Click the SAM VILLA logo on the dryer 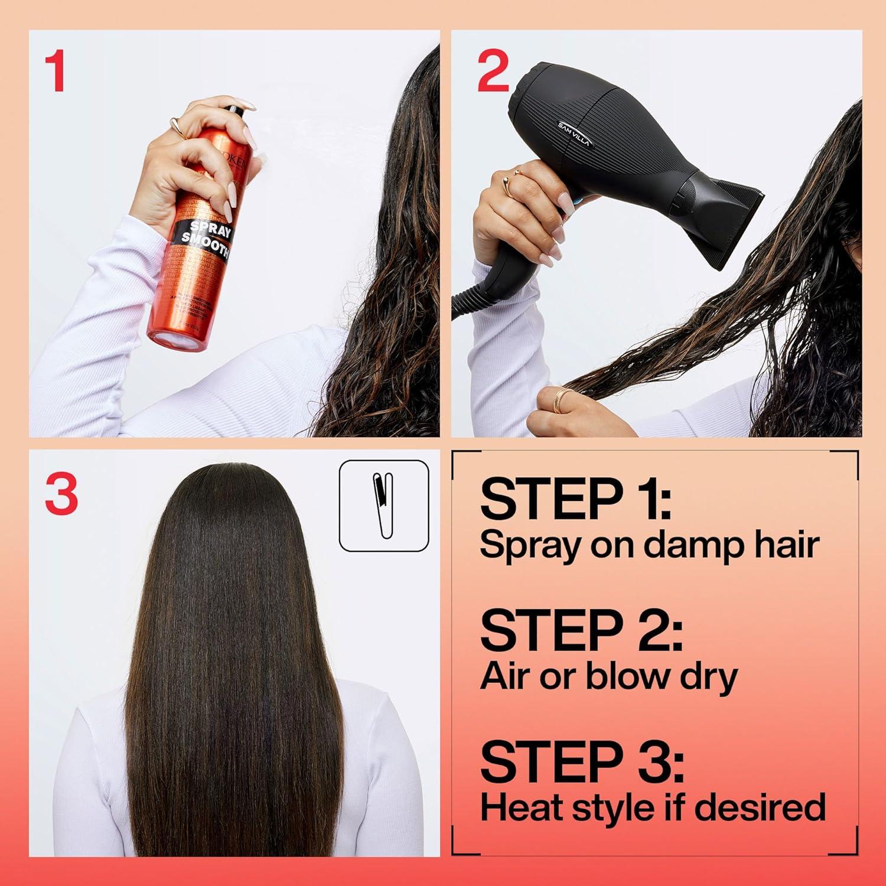(574, 133)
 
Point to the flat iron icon (384, 505)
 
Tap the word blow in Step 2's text (629, 676)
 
